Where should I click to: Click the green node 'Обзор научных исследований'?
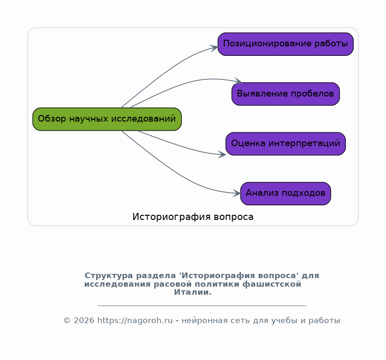click(x=107, y=119)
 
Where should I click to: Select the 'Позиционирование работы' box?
click(x=285, y=44)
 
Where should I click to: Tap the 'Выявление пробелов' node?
click(x=285, y=94)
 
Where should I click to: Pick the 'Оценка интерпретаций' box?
click(x=285, y=144)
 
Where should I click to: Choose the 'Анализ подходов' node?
click(x=285, y=193)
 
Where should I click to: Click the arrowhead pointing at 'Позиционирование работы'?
click(x=214, y=48)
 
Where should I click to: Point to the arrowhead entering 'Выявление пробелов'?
click(x=238, y=81)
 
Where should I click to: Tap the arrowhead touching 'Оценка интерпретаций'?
click(x=222, y=155)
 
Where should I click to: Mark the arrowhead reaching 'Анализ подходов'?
click(x=236, y=193)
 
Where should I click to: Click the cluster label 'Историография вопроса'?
click(x=193, y=217)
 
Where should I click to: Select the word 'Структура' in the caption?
click(x=109, y=275)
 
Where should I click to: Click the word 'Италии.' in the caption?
click(x=193, y=292)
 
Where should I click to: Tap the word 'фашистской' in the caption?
click(x=272, y=284)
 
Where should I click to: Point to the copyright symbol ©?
click(x=67, y=321)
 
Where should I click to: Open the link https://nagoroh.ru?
click(x=135, y=321)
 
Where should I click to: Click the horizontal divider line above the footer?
click(x=202, y=306)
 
